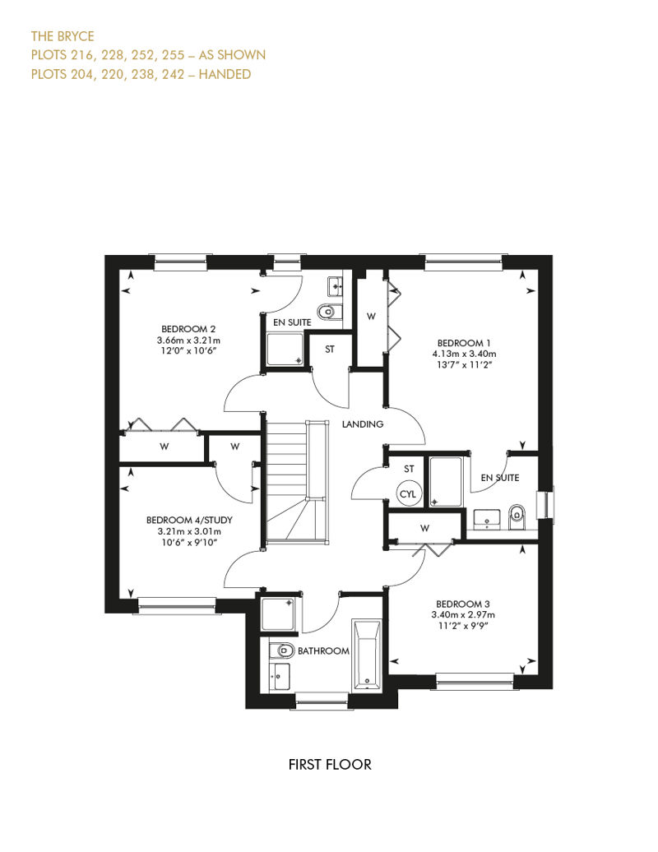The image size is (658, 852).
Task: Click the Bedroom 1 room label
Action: tap(464, 343)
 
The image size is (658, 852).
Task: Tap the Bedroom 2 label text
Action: tap(188, 329)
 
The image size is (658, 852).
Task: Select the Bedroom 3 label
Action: tap(463, 604)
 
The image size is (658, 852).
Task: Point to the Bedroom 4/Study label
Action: tap(189, 520)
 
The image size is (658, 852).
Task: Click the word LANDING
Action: tap(363, 424)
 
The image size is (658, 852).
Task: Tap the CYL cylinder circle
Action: tap(407, 493)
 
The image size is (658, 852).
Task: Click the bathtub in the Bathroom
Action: tap(367, 655)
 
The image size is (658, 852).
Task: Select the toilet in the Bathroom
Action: tap(281, 650)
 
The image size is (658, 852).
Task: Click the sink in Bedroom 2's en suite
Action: tap(335, 286)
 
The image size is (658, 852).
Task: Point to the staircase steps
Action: tap(297, 481)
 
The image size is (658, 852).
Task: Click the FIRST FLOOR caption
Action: tap(330, 765)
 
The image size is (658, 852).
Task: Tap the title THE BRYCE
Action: tap(63, 36)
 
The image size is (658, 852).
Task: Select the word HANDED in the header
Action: tap(225, 74)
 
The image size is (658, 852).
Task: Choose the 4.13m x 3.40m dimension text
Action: tap(464, 354)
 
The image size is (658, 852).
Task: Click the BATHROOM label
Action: tap(323, 651)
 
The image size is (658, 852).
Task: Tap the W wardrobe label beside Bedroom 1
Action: tap(371, 317)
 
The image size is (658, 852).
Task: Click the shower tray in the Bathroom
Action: tap(278, 614)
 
